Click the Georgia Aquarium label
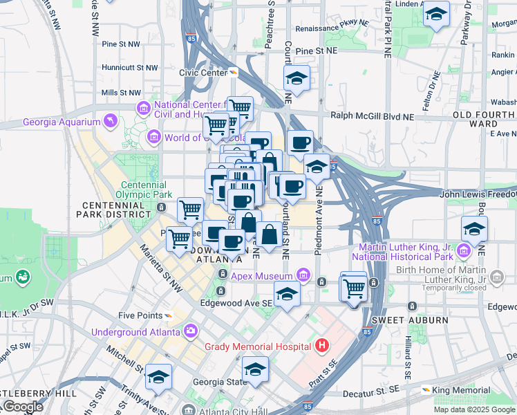(62, 122)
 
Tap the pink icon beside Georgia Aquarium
(109, 122)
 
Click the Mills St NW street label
(121, 92)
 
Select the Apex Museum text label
(262, 277)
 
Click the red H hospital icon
(321, 344)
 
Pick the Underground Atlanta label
(136, 332)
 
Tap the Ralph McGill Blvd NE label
(372, 116)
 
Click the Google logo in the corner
(23, 407)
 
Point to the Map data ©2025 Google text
(474, 409)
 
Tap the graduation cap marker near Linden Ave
(436, 13)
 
